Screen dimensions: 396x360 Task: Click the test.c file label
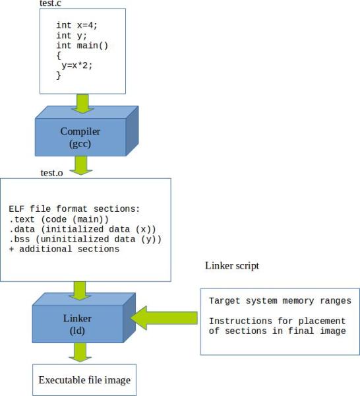point(53,4)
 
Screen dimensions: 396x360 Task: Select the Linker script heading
point(232,265)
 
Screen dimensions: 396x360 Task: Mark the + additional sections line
point(64,249)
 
